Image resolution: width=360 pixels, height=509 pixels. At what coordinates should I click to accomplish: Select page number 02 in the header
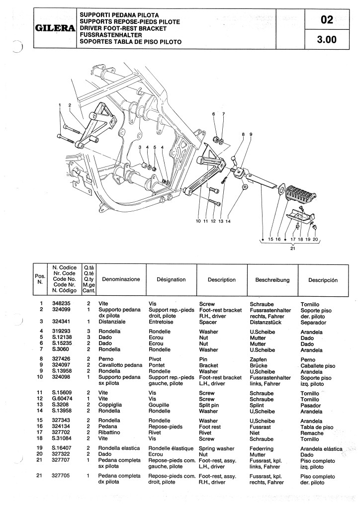327,20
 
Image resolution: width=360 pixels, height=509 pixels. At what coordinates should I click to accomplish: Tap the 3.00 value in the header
327,41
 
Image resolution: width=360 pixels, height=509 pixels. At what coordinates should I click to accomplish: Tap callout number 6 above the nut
214,114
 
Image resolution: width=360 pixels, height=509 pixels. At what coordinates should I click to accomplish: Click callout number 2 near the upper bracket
70,105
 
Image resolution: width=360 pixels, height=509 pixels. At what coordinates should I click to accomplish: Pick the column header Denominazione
121,280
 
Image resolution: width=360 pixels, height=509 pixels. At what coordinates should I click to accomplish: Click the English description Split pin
212,406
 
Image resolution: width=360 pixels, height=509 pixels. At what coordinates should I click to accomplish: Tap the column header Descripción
323,280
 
